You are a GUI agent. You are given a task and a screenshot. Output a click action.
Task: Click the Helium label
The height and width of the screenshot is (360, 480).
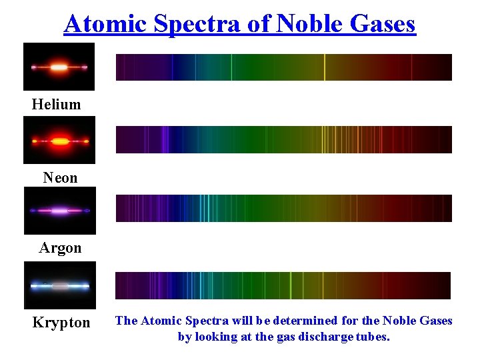click(56, 105)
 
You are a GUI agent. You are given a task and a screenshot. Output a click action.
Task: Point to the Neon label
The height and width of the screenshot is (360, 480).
click(60, 178)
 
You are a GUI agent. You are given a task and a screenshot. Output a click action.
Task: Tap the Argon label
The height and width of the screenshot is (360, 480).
click(60, 248)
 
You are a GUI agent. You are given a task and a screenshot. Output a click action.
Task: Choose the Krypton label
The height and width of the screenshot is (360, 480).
click(61, 323)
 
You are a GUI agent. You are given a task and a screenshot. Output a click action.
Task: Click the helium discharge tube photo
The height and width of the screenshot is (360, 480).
click(59, 67)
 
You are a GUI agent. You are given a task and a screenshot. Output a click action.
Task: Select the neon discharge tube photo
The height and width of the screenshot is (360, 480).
click(59, 140)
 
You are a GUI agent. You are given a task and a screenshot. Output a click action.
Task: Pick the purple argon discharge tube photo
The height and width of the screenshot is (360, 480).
click(59, 211)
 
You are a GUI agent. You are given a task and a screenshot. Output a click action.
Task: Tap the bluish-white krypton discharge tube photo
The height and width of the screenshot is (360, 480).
click(59, 285)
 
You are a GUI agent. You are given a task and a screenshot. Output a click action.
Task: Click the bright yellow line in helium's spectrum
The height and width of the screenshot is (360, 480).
click(325, 67)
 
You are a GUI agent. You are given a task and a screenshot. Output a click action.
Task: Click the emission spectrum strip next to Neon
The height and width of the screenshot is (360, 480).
click(283, 140)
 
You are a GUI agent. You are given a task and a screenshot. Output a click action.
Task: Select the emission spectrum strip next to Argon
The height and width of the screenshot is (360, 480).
click(283, 208)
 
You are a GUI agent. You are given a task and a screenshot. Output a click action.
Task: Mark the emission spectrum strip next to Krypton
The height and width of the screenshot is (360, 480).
click(283, 285)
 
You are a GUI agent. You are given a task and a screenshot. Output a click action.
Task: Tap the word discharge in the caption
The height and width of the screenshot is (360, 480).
click(325, 337)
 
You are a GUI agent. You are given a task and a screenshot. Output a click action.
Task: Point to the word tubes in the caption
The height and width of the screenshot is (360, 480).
click(372, 337)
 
